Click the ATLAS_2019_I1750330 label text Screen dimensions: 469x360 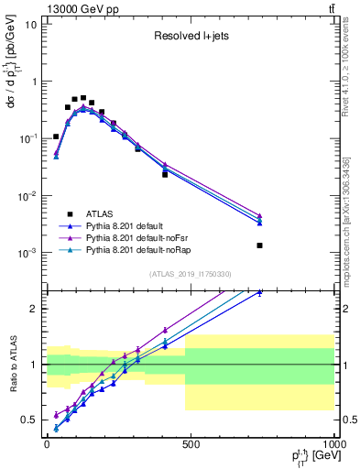(x=189, y=273)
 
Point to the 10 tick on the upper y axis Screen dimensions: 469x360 (x=30, y=24)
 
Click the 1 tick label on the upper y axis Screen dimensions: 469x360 (x=33, y=82)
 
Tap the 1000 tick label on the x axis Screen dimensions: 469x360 (x=332, y=444)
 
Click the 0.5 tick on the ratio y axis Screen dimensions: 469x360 (x=28, y=420)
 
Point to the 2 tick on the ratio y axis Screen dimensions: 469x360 (x=33, y=309)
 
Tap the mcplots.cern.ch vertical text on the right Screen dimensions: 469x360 (x=351, y=211)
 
